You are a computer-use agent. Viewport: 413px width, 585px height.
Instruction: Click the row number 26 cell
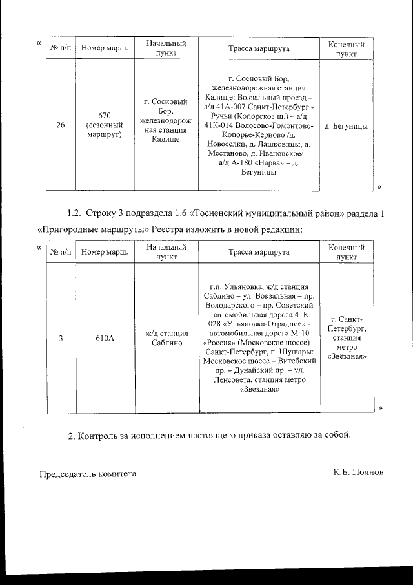point(60,125)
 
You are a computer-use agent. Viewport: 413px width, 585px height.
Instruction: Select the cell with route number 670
point(105,125)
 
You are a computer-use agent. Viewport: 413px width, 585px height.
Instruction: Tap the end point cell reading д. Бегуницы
point(347,126)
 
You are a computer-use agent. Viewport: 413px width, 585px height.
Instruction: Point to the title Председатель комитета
point(88,473)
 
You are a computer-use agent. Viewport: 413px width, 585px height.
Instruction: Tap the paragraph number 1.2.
point(77,213)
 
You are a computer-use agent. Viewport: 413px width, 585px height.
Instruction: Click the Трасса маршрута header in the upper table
point(259,48)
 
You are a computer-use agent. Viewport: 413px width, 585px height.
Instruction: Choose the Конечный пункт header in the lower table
point(347,252)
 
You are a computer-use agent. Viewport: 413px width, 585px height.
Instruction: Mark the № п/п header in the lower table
point(60,252)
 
